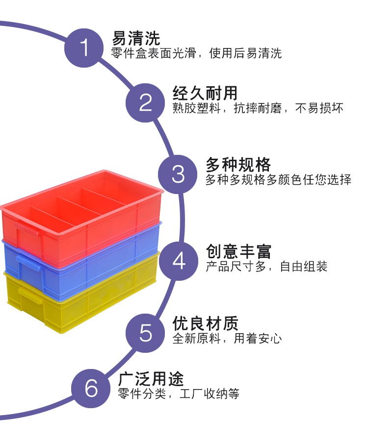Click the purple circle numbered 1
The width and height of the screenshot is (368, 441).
pyautogui.click(x=84, y=48)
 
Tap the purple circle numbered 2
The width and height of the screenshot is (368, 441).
pyautogui.click(x=146, y=102)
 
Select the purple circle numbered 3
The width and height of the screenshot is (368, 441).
pyautogui.click(x=178, y=174)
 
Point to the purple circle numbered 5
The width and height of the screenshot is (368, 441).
pyautogui.click(x=146, y=333)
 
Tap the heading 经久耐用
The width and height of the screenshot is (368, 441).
pyautogui.click(x=205, y=93)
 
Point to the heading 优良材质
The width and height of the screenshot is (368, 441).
pyautogui.click(x=205, y=323)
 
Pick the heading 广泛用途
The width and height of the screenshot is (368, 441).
pyautogui.click(x=151, y=379)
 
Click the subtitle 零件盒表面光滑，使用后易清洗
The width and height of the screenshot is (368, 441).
pyautogui.click(x=197, y=53)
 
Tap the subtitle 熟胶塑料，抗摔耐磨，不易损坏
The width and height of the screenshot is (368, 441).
pyautogui.click(x=258, y=108)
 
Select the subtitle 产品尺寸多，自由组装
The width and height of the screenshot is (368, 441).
pyautogui.click(x=266, y=267)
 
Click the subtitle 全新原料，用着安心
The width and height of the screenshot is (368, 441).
pyautogui.click(x=227, y=339)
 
